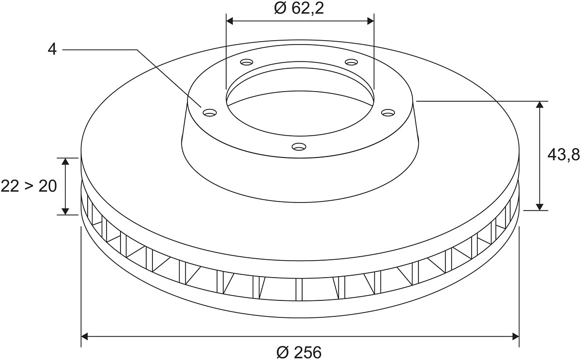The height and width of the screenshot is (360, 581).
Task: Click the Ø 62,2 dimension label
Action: pyautogui.click(x=299, y=9)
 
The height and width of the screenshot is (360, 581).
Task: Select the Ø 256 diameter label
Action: pyautogui.click(x=299, y=352)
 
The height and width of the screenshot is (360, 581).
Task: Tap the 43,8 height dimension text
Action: pyautogui.click(x=564, y=155)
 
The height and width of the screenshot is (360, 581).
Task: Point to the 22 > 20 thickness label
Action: pyautogui.click(x=29, y=187)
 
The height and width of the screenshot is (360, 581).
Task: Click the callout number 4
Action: pyautogui.click(x=52, y=49)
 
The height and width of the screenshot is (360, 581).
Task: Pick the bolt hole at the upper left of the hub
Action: pyautogui.click(x=246, y=63)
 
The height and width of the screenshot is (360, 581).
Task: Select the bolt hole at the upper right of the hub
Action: pyautogui.click(x=351, y=63)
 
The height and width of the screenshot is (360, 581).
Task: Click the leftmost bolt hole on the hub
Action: pyautogui.click(x=210, y=112)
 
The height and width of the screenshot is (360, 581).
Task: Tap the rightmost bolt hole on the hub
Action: pyautogui.click(x=388, y=112)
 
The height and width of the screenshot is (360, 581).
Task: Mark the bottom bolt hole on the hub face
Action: pyautogui.click(x=299, y=147)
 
